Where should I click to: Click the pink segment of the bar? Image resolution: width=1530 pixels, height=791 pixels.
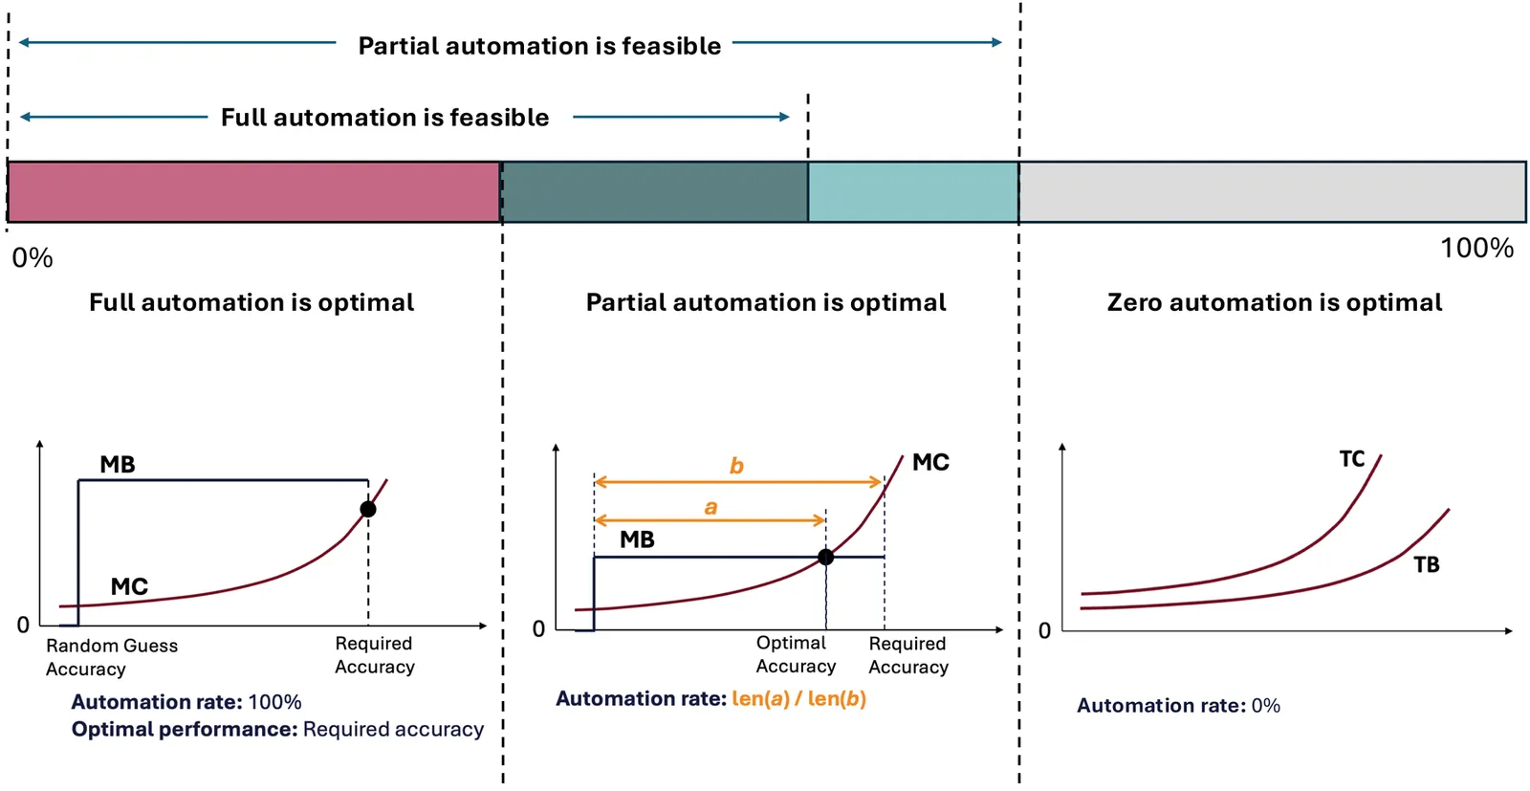coord(254,192)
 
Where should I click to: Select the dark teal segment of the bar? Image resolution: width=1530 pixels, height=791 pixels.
coord(654,192)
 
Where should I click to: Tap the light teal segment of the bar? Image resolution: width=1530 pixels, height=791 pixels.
coord(913,192)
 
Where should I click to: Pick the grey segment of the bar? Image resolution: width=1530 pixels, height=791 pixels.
coord(1272,192)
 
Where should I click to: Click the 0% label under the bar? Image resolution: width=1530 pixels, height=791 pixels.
coord(33,258)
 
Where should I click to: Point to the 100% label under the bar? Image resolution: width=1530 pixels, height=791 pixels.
coord(1476,248)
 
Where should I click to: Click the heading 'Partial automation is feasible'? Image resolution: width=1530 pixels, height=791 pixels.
coord(539,46)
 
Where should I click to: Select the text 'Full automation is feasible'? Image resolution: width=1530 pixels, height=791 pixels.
coord(384,118)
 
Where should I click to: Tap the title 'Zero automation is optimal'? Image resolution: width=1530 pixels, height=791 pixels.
coord(1275,302)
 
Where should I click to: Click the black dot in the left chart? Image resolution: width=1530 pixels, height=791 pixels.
coord(368,509)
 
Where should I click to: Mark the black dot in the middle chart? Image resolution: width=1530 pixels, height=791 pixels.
coord(826,558)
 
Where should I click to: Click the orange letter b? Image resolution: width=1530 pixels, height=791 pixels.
coord(736,465)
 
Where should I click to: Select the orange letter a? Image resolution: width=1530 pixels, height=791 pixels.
coord(711,508)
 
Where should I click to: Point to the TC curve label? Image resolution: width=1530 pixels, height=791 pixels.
coord(1352,459)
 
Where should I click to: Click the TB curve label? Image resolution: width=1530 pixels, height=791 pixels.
coord(1426,565)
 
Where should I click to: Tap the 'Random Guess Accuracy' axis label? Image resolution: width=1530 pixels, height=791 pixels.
coord(112,657)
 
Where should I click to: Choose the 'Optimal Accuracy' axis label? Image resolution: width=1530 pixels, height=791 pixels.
coord(796,654)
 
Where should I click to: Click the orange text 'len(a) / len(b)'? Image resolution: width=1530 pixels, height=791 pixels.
coord(799,699)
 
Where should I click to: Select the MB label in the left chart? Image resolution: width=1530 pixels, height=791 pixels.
coord(118,465)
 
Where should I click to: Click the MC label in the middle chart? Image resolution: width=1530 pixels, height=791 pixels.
coord(931,462)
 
